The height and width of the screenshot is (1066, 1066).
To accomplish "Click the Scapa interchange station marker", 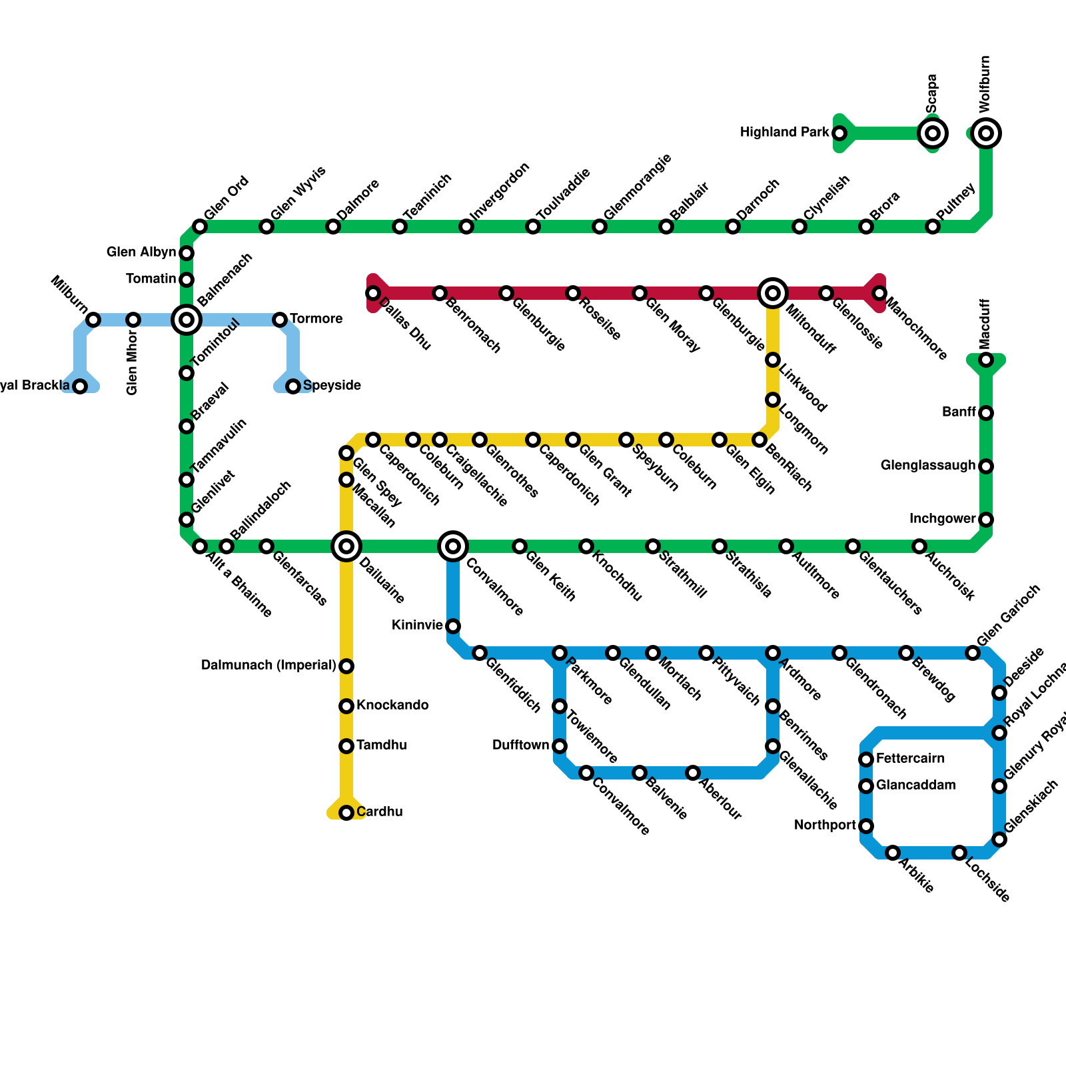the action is (933, 133).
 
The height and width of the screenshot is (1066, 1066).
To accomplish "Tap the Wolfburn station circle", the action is (986, 133).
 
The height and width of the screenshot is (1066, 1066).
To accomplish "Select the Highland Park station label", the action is (784, 133).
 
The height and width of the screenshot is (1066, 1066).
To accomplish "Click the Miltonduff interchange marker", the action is (773, 292).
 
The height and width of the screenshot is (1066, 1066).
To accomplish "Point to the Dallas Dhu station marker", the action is (373, 293).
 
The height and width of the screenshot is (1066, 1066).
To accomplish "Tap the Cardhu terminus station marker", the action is (346, 813).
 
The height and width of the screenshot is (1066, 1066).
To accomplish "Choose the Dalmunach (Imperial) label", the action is (268, 666).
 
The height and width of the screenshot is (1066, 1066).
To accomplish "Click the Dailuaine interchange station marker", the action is (346, 546).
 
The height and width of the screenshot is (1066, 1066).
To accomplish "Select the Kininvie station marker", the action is (453, 626).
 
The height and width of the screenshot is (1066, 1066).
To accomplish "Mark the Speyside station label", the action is (332, 386).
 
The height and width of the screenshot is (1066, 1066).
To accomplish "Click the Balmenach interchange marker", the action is (187, 320).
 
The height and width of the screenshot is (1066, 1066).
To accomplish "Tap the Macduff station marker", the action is (986, 360).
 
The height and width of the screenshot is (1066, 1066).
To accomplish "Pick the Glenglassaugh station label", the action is (927, 466).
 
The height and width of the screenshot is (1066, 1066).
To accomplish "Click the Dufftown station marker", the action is (560, 746).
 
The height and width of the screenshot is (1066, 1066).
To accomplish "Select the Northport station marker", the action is (866, 826).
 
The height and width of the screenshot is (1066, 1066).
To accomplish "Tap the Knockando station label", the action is (392, 706).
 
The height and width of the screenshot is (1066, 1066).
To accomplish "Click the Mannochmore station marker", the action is (879, 293).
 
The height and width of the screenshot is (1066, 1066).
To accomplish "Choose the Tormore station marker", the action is (280, 320).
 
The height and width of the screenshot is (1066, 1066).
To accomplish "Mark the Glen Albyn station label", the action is (141, 253).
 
